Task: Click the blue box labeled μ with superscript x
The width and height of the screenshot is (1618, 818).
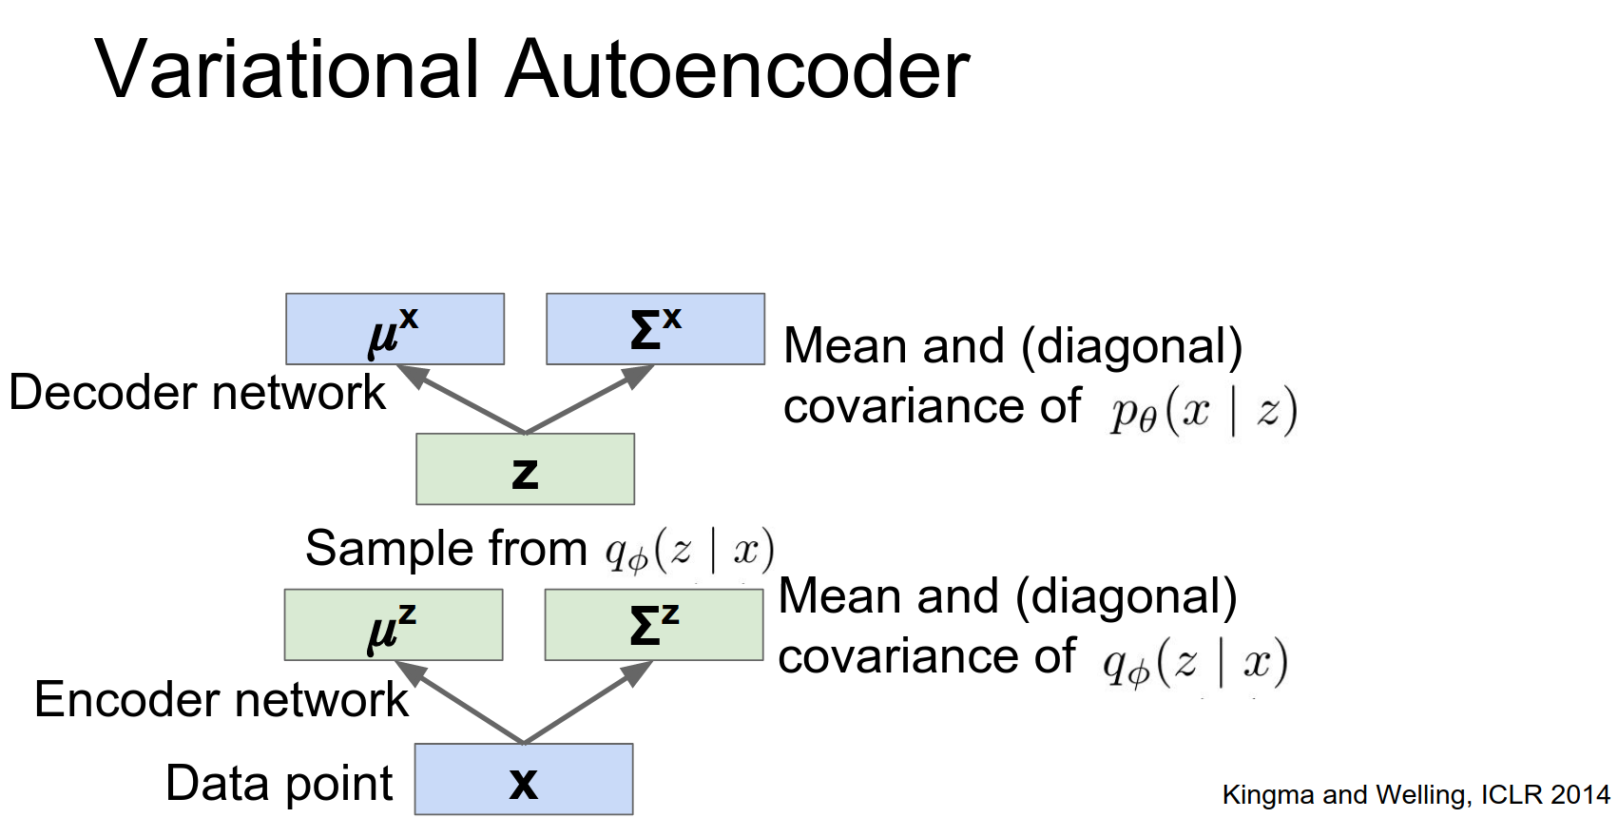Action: [x=395, y=329]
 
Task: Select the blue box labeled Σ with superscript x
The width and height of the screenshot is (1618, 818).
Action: [x=655, y=329]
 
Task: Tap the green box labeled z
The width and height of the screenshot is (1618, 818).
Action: [x=525, y=470]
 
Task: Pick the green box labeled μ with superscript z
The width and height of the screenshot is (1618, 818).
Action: [x=393, y=625]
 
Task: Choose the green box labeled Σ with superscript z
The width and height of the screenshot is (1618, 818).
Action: [x=653, y=625]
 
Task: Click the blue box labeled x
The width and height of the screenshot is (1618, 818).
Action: [x=524, y=780]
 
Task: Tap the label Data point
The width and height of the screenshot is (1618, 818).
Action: [x=279, y=784]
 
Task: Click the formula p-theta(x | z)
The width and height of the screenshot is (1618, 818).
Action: [x=1204, y=411]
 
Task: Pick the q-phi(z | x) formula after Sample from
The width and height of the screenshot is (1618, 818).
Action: [x=690, y=551]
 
